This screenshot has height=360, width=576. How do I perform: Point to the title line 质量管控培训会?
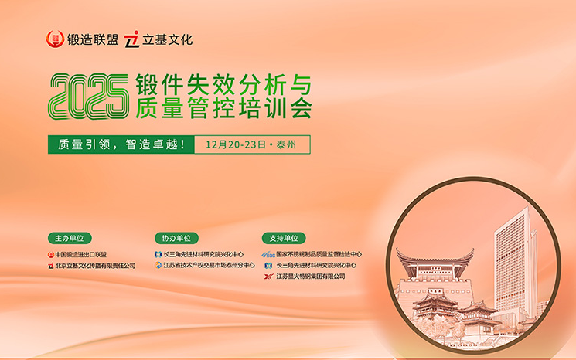(x=223, y=108)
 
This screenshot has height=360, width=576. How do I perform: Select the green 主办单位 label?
(x=70, y=239)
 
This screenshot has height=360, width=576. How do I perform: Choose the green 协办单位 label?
(x=176, y=239)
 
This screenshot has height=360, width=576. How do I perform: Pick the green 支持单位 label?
(x=283, y=239)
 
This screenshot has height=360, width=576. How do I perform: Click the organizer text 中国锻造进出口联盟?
(x=81, y=254)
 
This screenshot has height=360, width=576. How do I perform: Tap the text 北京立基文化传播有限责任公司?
(x=95, y=265)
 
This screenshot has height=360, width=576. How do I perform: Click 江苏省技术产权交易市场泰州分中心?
(x=209, y=265)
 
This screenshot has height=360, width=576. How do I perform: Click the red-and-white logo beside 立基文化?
(x=132, y=39)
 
